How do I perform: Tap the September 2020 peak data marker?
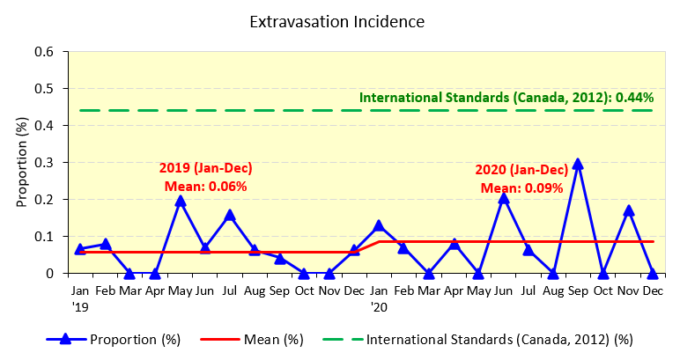click(x=578, y=164)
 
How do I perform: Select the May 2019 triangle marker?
click(x=180, y=201)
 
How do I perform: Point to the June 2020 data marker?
click(x=503, y=198)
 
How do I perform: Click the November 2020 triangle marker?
click(x=628, y=210)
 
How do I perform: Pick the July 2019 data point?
click(x=230, y=215)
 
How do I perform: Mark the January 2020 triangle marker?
click(x=379, y=225)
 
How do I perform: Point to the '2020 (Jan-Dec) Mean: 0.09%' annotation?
click(x=521, y=179)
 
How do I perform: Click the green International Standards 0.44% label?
click(x=506, y=99)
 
